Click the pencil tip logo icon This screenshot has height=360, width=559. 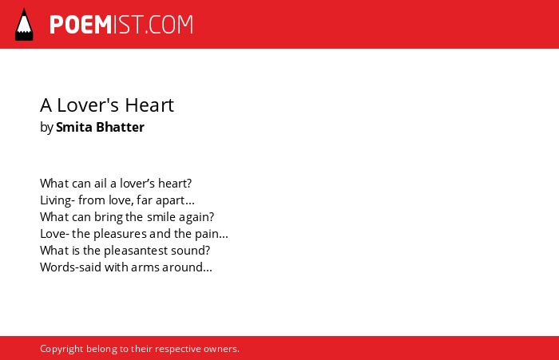click(24, 25)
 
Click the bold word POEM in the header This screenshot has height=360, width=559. click(81, 25)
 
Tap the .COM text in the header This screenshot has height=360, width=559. click(169, 25)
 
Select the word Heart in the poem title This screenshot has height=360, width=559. click(149, 105)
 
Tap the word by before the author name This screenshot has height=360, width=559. click(46, 128)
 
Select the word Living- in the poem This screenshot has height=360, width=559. click(57, 200)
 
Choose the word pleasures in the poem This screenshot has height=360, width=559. click(120, 234)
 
